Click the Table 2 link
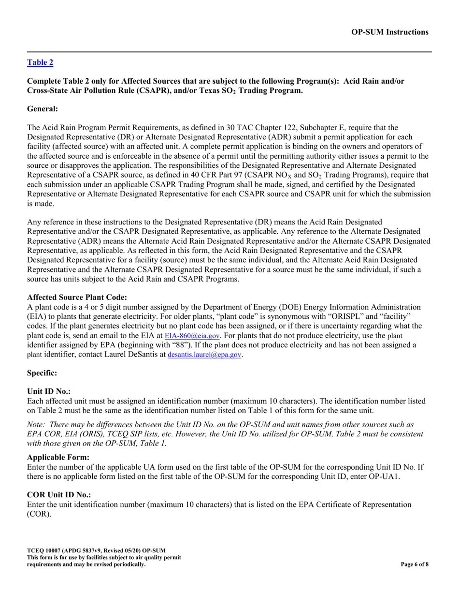(x=40, y=62)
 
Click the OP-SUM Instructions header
(x=389, y=32)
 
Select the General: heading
(x=43, y=109)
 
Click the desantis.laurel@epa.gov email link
(x=204, y=355)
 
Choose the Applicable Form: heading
(x=58, y=457)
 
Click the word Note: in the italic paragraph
(x=36, y=424)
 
